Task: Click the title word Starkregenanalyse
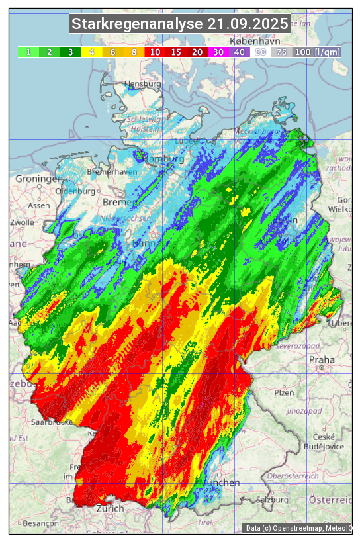[x=136, y=24]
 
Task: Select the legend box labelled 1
[x=28, y=52]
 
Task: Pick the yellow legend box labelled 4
[x=92, y=52]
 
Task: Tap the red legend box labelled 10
[x=155, y=52]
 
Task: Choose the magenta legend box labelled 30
[x=218, y=52]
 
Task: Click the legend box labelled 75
[x=281, y=52]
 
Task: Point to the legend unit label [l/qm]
[x=328, y=52]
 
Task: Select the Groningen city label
[x=38, y=179]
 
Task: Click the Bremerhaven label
[x=112, y=171]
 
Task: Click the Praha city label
[x=322, y=360]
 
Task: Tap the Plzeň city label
[x=284, y=392]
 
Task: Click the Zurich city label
[x=110, y=508]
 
